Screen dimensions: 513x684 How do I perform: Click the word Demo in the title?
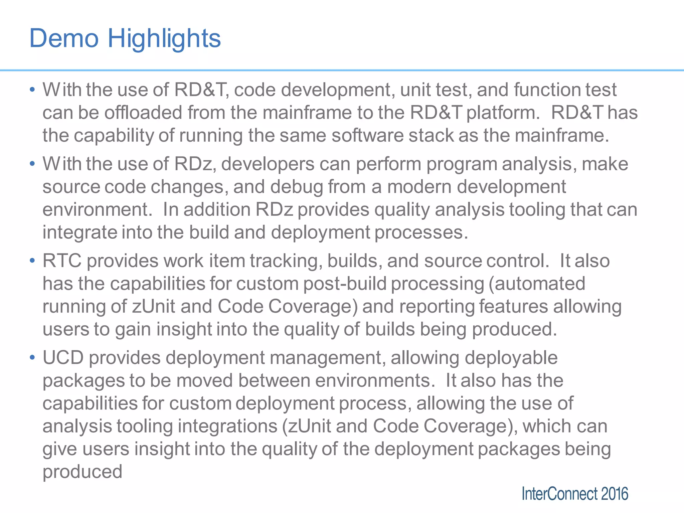click(64, 38)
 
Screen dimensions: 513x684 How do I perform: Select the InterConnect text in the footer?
click(559, 494)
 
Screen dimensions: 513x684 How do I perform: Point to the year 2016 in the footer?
click(615, 494)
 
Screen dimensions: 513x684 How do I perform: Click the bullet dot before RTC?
click(32, 261)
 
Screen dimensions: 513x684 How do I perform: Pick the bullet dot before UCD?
click(32, 357)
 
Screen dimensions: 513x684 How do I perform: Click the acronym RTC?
click(62, 261)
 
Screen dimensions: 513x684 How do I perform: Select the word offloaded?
click(143, 113)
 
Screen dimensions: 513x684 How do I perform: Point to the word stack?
click(431, 135)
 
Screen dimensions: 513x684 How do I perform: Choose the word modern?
click(419, 187)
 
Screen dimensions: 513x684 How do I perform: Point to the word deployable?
click(511, 358)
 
